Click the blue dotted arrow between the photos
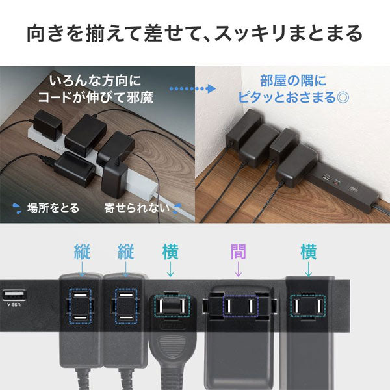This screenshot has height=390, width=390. [x=192, y=88]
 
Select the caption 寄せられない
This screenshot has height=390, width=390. [x=136, y=209]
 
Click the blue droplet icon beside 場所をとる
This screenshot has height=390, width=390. [x=16, y=209]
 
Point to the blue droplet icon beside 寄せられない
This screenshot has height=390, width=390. [x=176, y=208]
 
